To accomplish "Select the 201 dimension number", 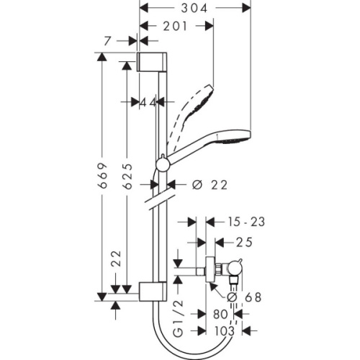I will coord(176,26).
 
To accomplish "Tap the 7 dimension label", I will coord(107,42).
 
